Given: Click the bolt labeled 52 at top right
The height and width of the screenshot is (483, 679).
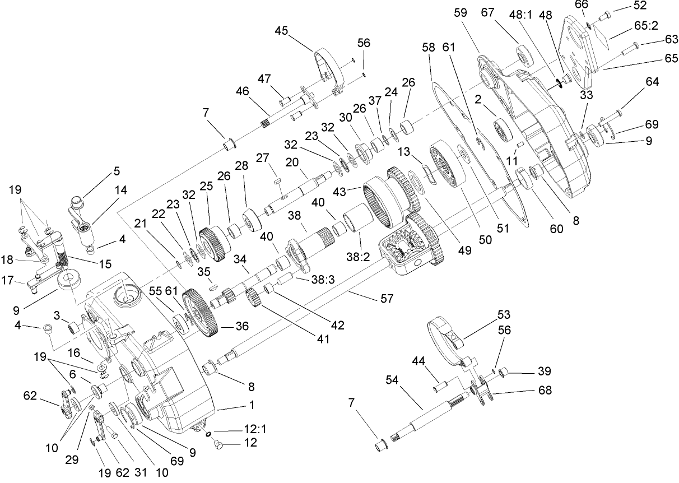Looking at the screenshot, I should [x=603, y=17].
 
